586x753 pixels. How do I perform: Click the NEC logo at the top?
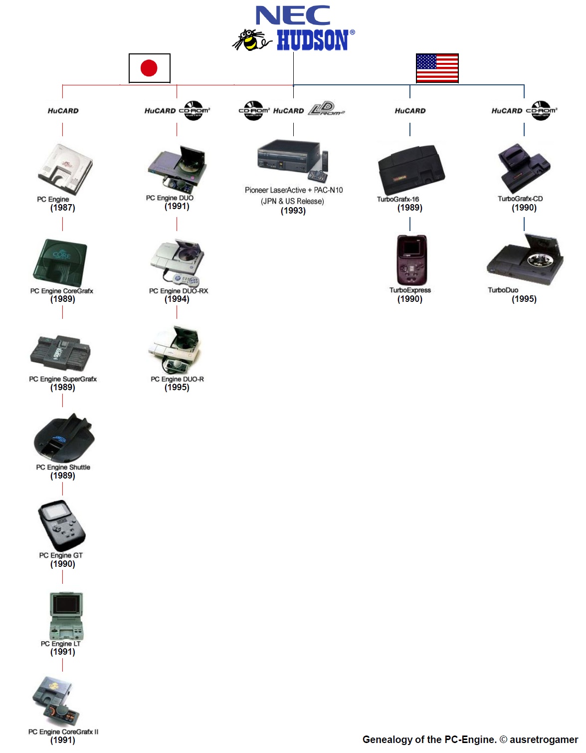point(293,15)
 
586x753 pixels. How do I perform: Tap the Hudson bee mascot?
point(251,40)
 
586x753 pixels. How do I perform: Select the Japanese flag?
point(149,68)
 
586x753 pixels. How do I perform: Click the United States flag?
point(437,68)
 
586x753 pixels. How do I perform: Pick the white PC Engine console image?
point(65,169)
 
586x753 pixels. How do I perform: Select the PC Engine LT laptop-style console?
point(66,616)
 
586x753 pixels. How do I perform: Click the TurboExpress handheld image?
point(411,260)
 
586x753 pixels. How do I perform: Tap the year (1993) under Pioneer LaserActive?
point(293,211)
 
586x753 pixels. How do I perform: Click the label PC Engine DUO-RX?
point(178,291)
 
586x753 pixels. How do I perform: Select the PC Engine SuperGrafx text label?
point(63,379)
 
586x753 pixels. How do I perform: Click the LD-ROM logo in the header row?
point(327,109)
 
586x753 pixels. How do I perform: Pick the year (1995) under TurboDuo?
point(524,299)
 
